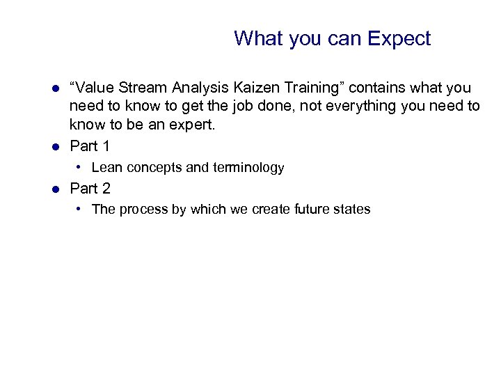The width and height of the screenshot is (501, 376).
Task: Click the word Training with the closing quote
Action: coord(317,88)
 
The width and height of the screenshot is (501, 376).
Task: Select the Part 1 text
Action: coord(90,146)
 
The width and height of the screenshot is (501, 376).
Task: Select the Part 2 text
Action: coord(90,188)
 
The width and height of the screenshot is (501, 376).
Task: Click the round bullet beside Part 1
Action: coord(56,146)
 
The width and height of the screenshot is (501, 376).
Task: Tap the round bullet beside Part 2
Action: coord(56,188)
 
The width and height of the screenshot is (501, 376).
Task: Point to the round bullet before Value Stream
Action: coord(56,88)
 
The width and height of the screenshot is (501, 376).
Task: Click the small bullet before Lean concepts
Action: coord(81,167)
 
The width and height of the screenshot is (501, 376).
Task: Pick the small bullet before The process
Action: coord(81,209)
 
